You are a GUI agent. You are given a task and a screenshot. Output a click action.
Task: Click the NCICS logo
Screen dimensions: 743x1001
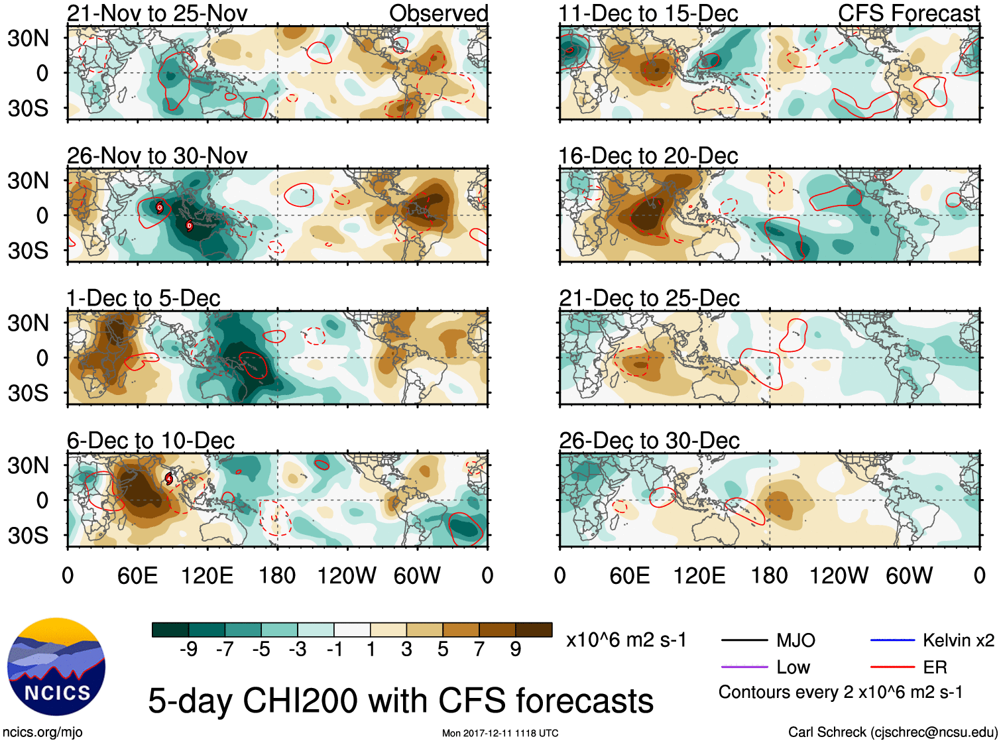pyautogui.click(x=56, y=667)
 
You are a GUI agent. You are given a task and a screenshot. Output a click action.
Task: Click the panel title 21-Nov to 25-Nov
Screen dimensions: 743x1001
pyautogui.click(x=157, y=13)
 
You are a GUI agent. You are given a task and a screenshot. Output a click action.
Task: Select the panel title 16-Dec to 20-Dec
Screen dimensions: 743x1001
pyautogui.click(x=648, y=156)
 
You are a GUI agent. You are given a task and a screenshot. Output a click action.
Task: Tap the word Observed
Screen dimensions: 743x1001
pyautogui.click(x=438, y=13)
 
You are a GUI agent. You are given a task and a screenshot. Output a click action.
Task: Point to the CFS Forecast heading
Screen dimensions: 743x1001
pyautogui.click(x=908, y=13)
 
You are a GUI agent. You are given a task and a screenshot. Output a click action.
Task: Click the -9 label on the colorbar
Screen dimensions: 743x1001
pyautogui.click(x=188, y=649)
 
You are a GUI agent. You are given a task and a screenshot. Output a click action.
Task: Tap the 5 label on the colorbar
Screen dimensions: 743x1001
pyautogui.click(x=443, y=649)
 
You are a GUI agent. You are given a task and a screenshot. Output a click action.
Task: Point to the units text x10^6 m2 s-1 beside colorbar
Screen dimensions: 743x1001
pyautogui.click(x=626, y=640)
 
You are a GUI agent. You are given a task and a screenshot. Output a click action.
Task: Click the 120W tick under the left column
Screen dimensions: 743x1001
pyautogui.click(x=347, y=575)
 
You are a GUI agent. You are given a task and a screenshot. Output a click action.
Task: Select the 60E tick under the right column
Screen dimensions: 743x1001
pyautogui.click(x=629, y=575)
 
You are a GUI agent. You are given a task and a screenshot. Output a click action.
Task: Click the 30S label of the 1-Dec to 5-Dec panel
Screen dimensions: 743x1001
pyautogui.click(x=28, y=393)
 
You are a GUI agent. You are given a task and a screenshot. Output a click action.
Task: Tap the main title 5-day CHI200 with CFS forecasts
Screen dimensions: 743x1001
pyautogui.click(x=400, y=701)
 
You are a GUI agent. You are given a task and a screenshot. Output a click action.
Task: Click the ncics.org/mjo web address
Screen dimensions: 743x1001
pyautogui.click(x=42, y=732)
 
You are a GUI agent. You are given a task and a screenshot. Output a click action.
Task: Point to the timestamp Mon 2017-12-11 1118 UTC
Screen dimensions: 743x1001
pyautogui.click(x=500, y=733)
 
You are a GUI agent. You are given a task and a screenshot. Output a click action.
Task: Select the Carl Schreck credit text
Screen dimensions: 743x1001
pyautogui.click(x=892, y=732)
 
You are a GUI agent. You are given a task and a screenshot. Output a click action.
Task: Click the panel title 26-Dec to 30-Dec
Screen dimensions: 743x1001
pyautogui.click(x=649, y=441)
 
